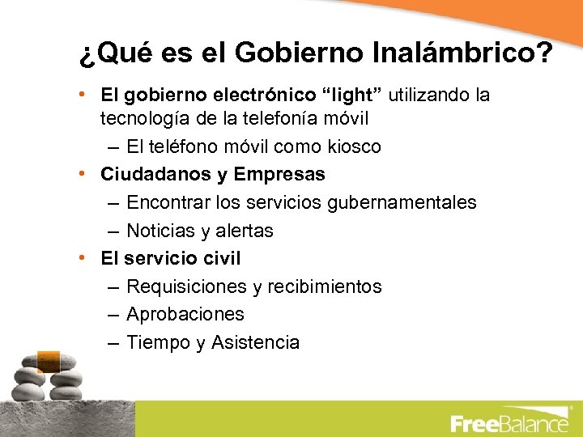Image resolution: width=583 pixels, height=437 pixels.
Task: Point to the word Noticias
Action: click(x=161, y=231)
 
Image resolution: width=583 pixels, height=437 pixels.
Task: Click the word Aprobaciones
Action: click(x=185, y=315)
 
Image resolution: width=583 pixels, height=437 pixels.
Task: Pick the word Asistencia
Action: click(x=255, y=343)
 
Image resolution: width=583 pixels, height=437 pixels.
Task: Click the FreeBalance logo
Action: click(x=509, y=422)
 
